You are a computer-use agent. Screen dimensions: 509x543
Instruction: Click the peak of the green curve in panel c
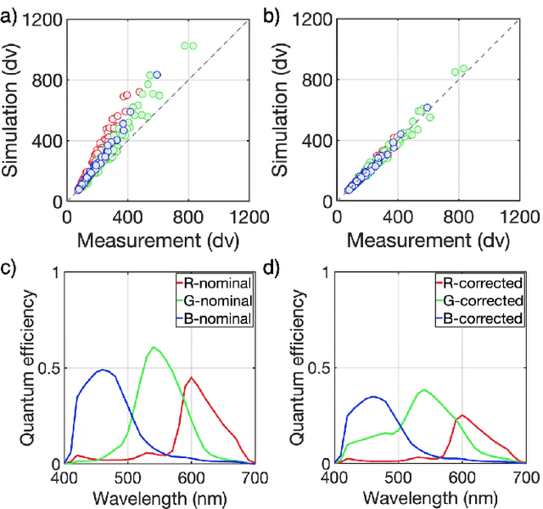(x=154, y=347)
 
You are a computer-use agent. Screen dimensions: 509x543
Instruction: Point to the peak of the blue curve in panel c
(x=103, y=370)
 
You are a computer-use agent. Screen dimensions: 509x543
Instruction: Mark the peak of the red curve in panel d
(x=461, y=415)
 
